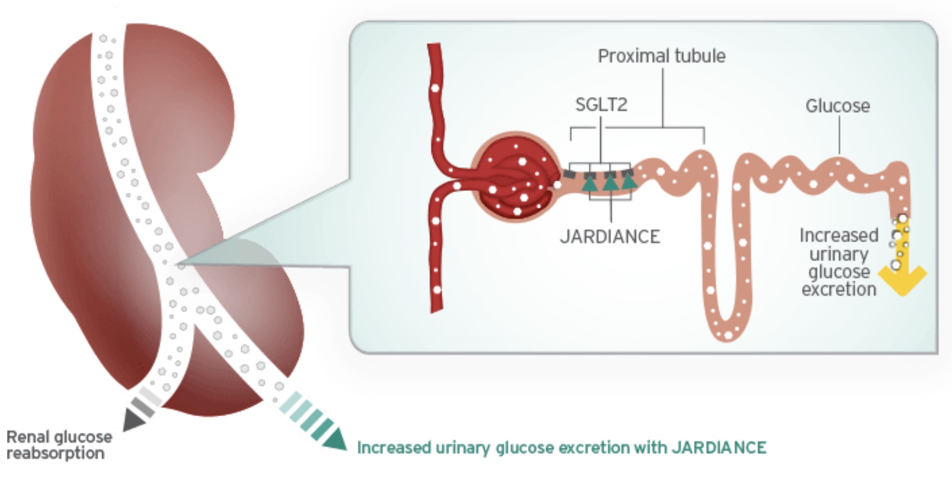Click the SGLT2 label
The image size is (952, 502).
[x=601, y=105]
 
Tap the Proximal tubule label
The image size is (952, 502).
[x=662, y=56]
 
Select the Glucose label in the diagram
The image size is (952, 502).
[x=837, y=106]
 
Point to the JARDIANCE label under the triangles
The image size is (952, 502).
[x=610, y=237]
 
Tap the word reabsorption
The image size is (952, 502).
[x=55, y=453]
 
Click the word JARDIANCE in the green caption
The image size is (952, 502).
[x=719, y=448]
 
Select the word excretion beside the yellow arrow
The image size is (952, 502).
[x=839, y=289]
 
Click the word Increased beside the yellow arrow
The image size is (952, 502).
[x=839, y=235]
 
